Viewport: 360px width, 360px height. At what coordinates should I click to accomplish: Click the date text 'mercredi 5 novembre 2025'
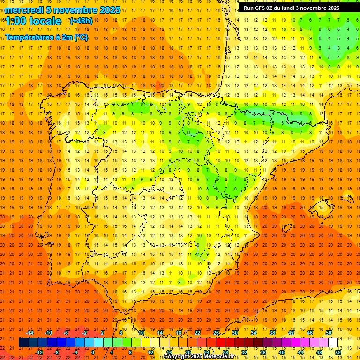click(63, 10)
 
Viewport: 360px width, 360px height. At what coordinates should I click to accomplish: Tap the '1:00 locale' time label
click(33, 21)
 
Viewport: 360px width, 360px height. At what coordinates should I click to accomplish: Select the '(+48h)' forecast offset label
click(81, 21)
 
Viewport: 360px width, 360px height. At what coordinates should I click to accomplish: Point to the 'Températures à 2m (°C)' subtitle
click(46, 37)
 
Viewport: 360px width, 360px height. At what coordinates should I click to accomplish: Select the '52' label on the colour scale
click(338, 352)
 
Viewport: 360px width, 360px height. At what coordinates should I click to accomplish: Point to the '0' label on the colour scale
click(93, 352)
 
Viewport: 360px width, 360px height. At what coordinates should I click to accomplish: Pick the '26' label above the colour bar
click(216, 333)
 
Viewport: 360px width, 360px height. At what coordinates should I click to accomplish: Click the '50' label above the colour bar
click(329, 333)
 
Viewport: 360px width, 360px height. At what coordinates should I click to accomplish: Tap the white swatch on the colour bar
click(333, 343)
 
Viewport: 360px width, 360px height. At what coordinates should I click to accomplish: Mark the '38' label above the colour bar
click(272, 333)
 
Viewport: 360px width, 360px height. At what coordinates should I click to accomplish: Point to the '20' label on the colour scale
click(188, 352)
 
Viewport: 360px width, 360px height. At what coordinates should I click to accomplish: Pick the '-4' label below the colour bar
click(75, 352)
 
